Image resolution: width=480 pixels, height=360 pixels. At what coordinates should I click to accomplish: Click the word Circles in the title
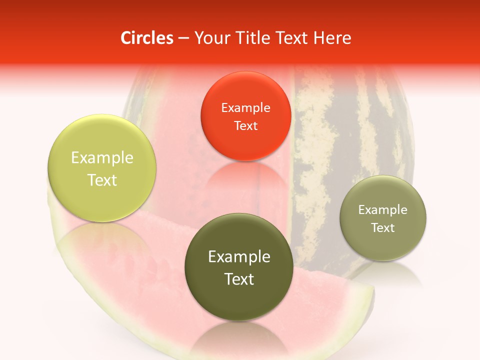click(146, 38)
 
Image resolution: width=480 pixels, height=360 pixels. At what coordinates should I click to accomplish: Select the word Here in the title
click(333, 38)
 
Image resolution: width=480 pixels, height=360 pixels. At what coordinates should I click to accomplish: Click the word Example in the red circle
click(245, 108)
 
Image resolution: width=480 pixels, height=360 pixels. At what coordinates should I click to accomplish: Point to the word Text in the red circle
click(245, 125)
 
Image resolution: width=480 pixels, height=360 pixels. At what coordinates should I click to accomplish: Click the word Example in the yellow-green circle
click(102, 158)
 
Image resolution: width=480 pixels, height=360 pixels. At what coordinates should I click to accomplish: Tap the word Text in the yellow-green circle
click(102, 180)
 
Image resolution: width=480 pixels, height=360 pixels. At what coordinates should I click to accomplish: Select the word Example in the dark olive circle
click(239, 257)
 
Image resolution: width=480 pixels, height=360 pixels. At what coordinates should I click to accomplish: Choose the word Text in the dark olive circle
click(239, 279)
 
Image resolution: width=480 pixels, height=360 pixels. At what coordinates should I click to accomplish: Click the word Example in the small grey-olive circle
click(383, 210)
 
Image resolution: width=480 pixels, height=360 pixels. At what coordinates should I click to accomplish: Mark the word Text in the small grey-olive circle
click(383, 227)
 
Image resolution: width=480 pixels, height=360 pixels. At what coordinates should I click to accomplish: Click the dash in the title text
click(183, 38)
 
